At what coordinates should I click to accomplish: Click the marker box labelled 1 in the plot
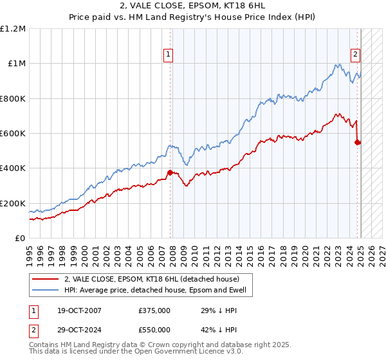click(168, 55)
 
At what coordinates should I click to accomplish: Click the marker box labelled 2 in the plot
click(354, 55)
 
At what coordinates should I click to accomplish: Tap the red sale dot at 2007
click(170, 172)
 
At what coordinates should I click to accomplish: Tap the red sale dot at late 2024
click(358, 142)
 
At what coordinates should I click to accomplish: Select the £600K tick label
click(13, 134)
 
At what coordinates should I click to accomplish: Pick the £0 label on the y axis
click(21, 239)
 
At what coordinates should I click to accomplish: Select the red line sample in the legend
click(46, 279)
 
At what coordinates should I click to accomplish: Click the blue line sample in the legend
click(46, 291)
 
